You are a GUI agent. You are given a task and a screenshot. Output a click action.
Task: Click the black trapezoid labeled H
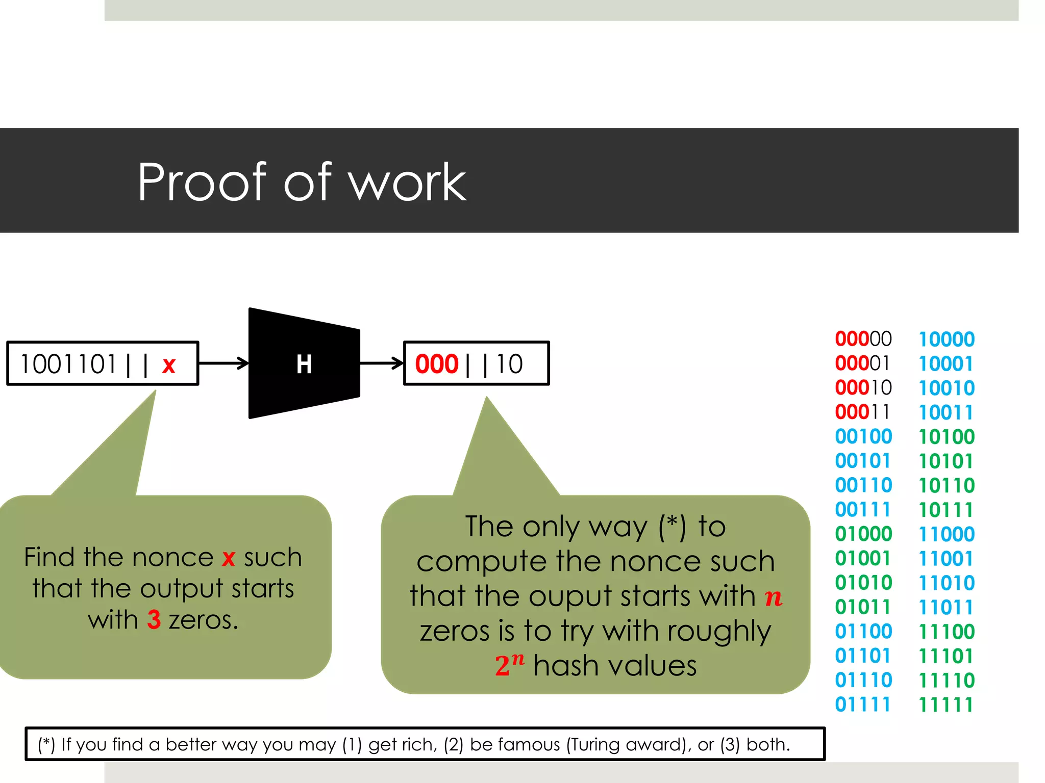[x=304, y=363]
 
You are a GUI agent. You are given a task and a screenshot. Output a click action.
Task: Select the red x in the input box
[x=169, y=365]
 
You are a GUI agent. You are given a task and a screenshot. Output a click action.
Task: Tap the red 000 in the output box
[x=437, y=364]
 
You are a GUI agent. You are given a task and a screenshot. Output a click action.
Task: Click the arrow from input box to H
[x=223, y=363]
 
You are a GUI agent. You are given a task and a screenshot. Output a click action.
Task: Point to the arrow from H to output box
[x=382, y=363]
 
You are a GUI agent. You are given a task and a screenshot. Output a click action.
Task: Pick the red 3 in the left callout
[x=154, y=620]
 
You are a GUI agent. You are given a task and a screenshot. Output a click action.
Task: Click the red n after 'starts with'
[x=774, y=597]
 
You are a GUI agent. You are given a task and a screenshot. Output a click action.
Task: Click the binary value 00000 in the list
[x=863, y=338]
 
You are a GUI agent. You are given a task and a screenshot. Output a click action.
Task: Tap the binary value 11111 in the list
[x=946, y=705]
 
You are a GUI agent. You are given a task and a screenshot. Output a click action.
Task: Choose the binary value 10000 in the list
[x=947, y=339]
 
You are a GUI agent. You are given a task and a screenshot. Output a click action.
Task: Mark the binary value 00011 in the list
[x=862, y=412]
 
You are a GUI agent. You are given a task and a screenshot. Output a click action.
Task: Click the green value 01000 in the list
[x=863, y=534]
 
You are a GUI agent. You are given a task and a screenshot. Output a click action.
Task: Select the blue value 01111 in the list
[x=862, y=704]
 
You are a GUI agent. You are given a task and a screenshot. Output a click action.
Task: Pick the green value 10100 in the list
[x=947, y=436]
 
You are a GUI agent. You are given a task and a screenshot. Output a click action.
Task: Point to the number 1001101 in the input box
[x=68, y=364]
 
